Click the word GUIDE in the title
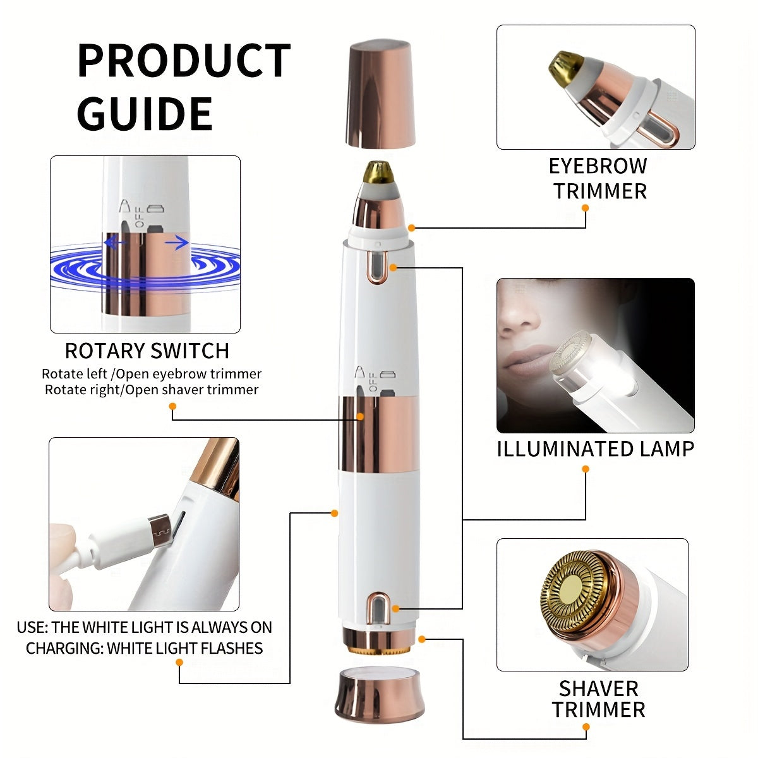(x=145, y=114)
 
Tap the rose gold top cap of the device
(x=380, y=93)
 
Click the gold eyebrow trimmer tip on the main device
(x=378, y=172)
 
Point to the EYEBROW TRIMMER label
(x=598, y=179)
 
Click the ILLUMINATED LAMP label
(x=596, y=449)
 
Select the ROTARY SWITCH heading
(x=147, y=351)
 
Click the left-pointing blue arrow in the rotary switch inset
(x=114, y=243)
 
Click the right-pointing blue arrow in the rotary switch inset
(x=177, y=243)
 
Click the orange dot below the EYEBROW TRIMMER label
(x=586, y=208)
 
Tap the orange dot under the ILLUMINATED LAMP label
(x=586, y=469)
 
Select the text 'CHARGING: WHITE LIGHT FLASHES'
(x=145, y=648)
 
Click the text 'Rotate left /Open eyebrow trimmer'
(x=152, y=374)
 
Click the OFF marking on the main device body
(x=373, y=382)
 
